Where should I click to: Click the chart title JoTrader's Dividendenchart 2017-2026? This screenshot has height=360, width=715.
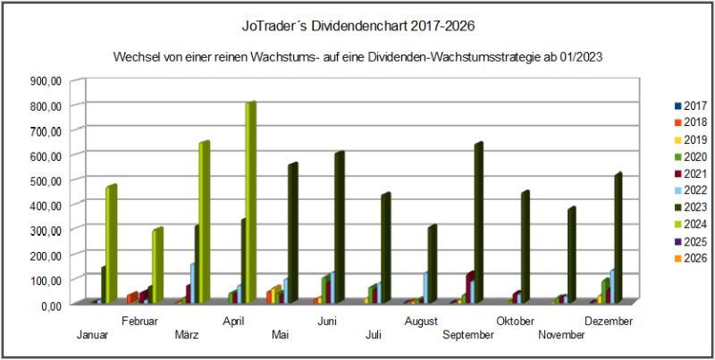coord(357,28)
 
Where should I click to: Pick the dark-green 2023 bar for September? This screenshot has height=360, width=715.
coord(478,222)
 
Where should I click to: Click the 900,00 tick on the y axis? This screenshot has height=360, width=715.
coord(46,80)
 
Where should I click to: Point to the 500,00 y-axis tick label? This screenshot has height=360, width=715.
coord(46,180)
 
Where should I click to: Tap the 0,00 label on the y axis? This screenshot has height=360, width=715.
coord(49,305)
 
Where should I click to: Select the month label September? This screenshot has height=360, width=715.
coord(468,335)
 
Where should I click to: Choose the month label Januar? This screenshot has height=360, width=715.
coord(93,335)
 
